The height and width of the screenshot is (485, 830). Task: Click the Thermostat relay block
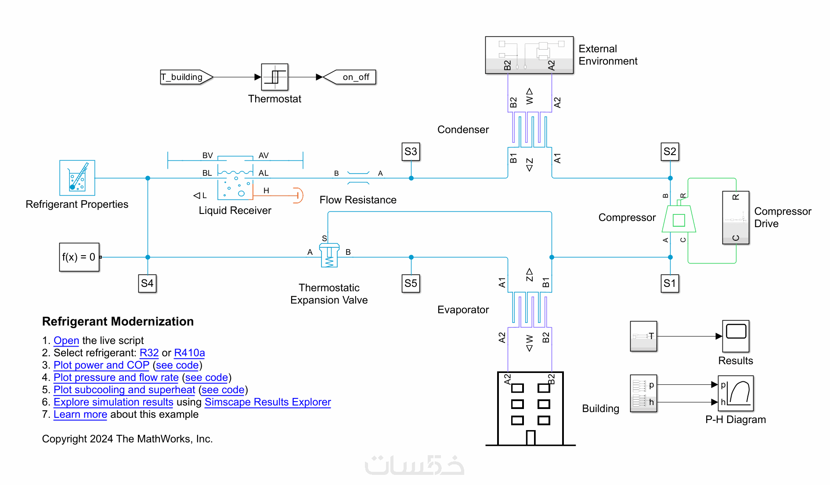click(274, 77)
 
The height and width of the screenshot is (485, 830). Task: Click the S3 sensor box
click(411, 152)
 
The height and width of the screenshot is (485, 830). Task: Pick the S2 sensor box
click(670, 152)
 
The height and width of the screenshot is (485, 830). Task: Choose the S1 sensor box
click(670, 283)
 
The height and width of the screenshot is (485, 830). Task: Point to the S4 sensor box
click(147, 283)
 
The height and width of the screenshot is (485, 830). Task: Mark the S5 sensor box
click(411, 283)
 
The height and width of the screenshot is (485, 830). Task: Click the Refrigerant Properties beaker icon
click(77, 178)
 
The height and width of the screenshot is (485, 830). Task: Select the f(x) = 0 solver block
click(79, 257)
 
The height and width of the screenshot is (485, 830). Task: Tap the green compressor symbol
click(678, 219)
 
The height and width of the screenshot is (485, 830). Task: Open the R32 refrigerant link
click(149, 353)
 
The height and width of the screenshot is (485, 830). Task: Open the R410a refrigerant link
click(189, 353)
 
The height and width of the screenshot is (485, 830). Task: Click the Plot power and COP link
click(101, 365)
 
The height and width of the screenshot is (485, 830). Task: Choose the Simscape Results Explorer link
click(267, 402)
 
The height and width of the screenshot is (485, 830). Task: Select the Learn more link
click(80, 414)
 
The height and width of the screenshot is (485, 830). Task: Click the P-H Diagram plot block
click(736, 393)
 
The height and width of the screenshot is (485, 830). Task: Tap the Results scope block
click(736, 336)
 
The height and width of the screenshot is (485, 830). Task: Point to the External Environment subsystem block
click(529, 55)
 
